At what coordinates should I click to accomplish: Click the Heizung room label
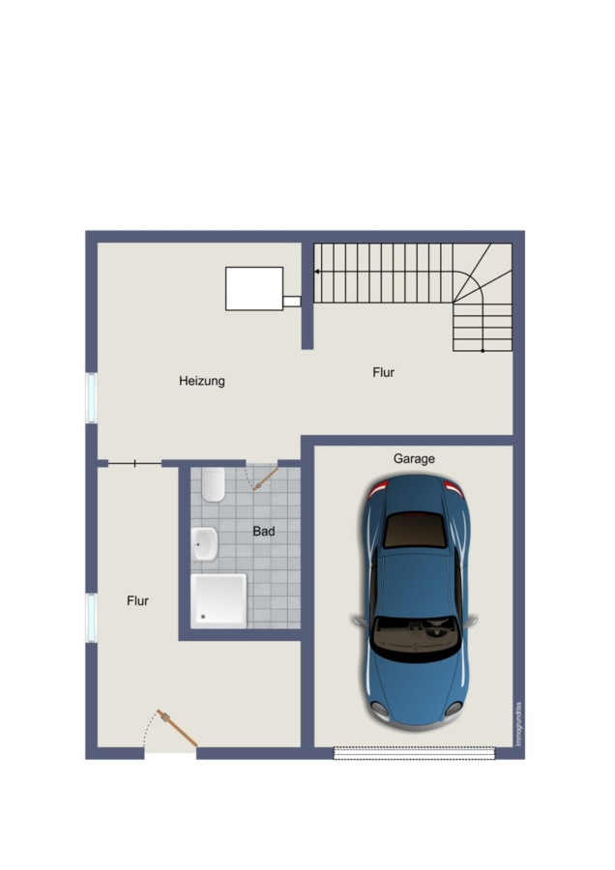pos(201,381)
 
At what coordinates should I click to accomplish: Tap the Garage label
pos(414,459)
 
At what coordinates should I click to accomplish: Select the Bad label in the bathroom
pos(264,531)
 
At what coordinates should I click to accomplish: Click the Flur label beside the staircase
pos(384,372)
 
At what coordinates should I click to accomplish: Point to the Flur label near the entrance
pos(137,601)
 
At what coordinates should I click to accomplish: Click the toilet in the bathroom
pos(213,484)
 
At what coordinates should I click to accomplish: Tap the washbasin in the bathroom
pos(204,543)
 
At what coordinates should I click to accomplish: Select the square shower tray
pos(219,601)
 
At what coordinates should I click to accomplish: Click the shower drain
pos(203,617)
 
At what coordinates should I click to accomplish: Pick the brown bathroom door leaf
pos(266,478)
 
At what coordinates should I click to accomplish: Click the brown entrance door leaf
pos(177,728)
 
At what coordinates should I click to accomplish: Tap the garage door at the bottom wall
pos(414,753)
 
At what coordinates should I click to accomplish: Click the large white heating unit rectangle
pos(254,288)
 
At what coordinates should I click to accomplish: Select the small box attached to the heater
pos(292,302)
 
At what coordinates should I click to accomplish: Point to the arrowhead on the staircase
pos(316,272)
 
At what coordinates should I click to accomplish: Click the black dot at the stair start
pos(483,351)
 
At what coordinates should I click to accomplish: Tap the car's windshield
pos(416,638)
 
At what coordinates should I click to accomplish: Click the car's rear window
pos(415,531)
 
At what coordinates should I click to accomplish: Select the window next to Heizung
pos(91,398)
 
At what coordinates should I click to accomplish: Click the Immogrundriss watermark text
pos(518,724)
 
